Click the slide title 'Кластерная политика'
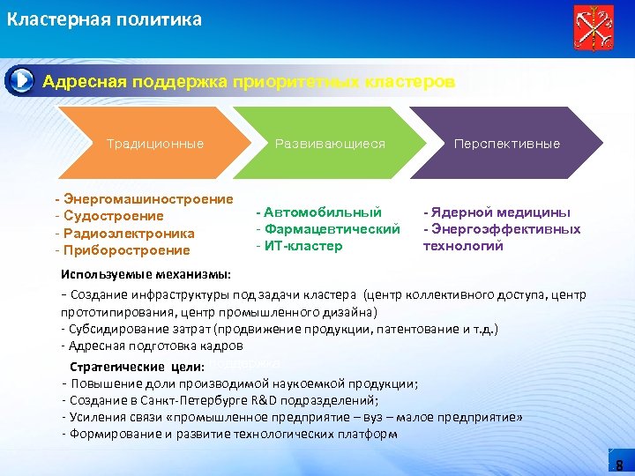point(104,19)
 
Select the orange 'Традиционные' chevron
point(154,144)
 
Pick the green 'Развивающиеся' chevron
point(330,144)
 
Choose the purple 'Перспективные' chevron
point(506,144)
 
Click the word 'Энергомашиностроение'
point(149,199)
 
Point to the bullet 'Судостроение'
point(113,216)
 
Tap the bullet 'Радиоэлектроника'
point(129,233)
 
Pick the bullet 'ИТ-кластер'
point(303,246)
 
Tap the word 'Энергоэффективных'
point(506,229)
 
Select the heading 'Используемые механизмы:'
point(146,274)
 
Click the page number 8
point(619,465)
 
